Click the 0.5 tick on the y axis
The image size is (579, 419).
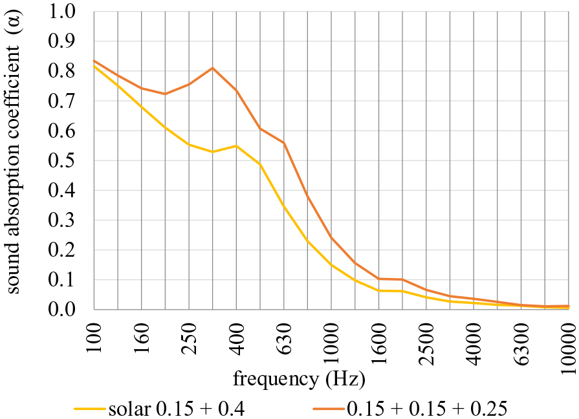61,161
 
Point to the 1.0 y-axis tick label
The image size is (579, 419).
61,12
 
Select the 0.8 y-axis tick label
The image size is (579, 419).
61,71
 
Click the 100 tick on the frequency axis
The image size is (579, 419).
94,338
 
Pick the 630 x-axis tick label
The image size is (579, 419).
284,338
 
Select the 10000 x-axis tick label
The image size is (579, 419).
569,347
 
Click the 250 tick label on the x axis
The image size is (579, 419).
189,338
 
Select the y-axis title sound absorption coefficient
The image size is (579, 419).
13,152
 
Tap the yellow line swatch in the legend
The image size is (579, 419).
90,409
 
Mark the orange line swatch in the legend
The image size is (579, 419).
329,409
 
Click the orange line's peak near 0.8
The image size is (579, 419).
213,68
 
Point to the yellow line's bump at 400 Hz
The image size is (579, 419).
236,146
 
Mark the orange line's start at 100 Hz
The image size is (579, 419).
94,61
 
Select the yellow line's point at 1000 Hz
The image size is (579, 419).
331,264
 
